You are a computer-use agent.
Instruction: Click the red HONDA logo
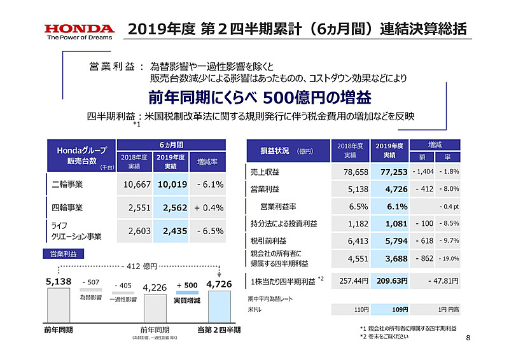coord(80,29)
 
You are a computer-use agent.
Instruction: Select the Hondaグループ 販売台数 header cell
coord(80,155)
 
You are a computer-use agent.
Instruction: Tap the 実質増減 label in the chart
coord(186,298)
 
